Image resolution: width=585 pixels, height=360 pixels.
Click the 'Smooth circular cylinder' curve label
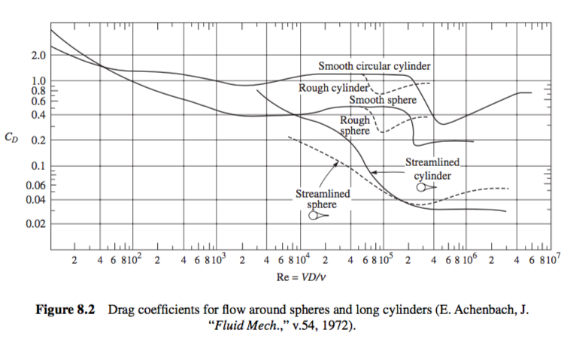374,66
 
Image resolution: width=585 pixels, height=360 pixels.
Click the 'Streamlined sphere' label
323,198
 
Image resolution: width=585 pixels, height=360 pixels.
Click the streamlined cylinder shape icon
424,186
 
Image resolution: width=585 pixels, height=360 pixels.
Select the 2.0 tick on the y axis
37,56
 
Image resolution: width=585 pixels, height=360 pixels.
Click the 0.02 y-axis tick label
35,224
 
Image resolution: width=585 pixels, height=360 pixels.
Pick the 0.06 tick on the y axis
35,185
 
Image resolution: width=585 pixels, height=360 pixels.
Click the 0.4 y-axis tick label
37,115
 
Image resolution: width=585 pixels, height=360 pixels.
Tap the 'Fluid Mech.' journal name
249,327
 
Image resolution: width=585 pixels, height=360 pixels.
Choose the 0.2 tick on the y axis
37,141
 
